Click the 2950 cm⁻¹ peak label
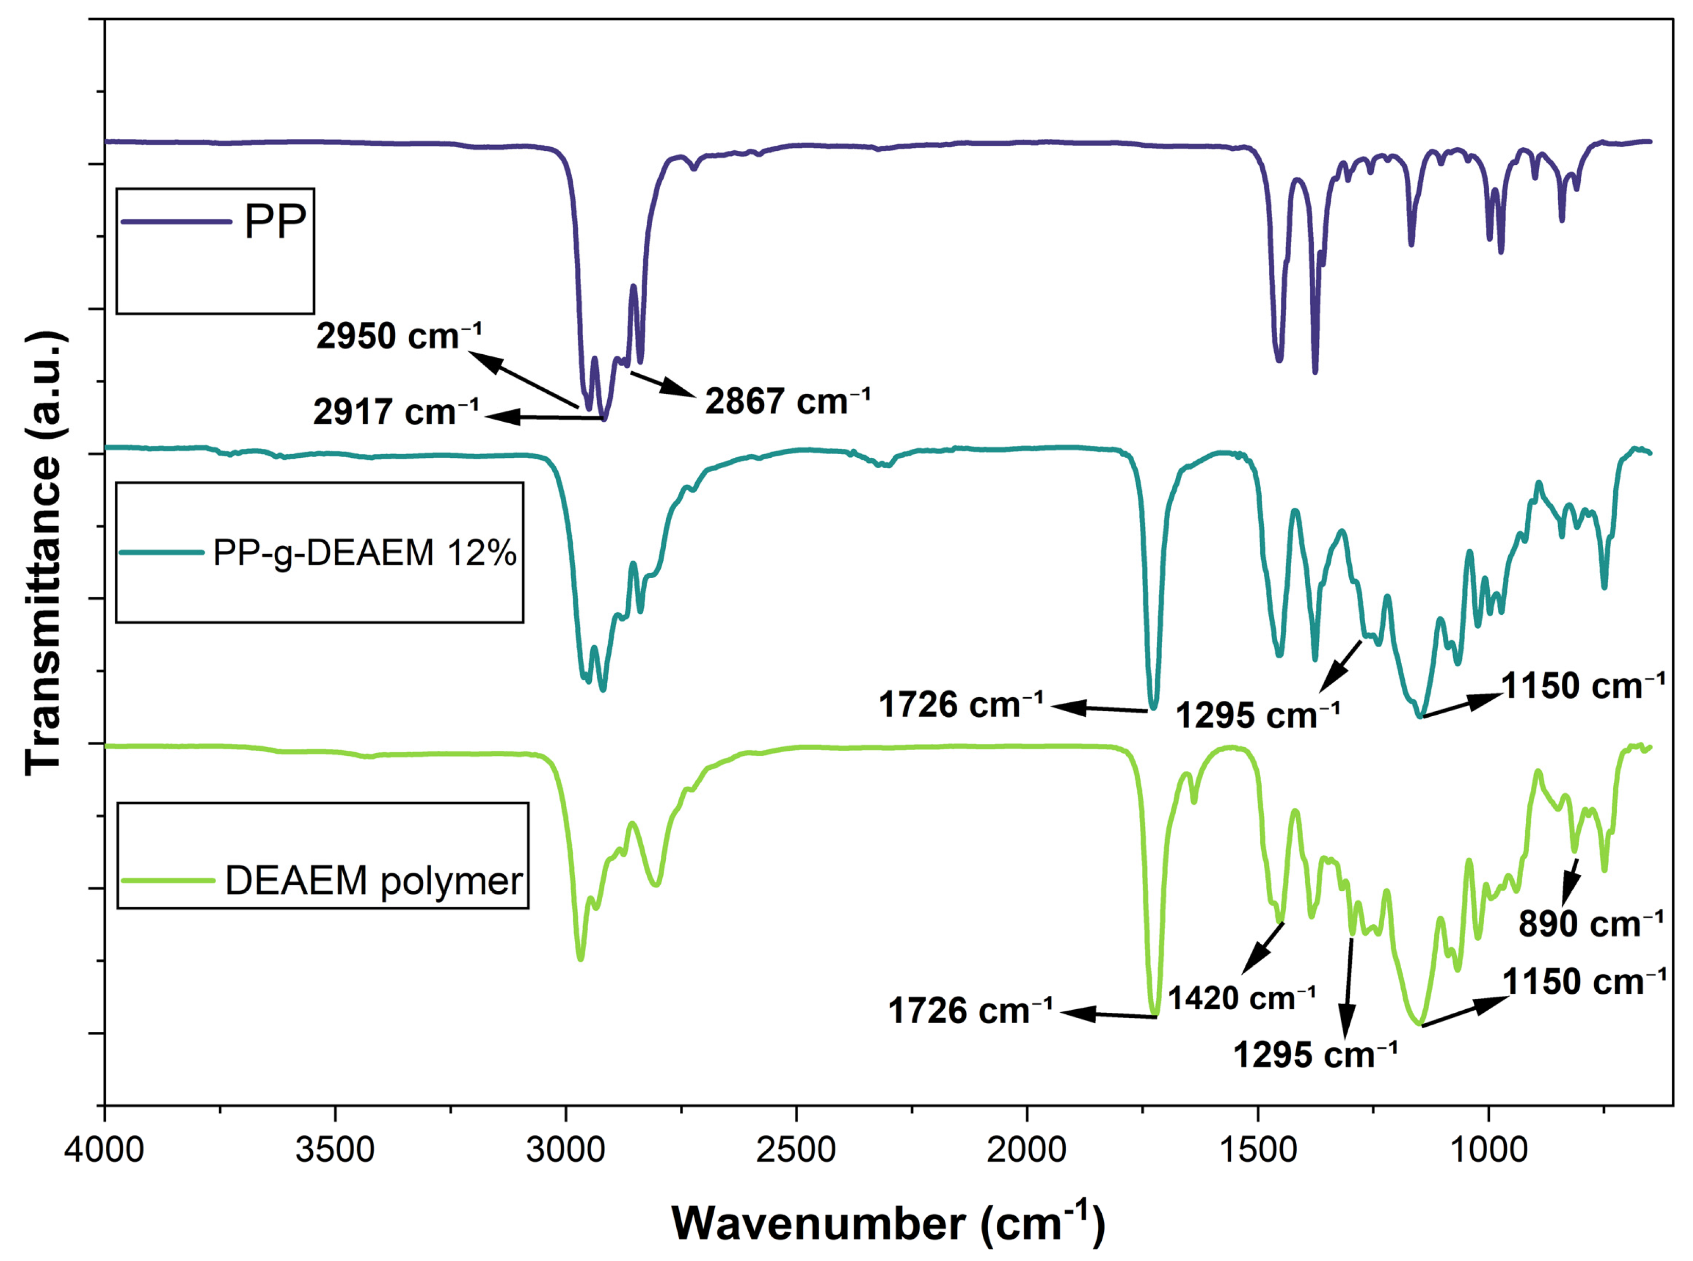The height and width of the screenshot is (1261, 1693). tap(399, 337)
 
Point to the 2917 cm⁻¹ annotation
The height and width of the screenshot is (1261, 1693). tap(396, 412)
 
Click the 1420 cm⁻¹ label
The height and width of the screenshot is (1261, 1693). tap(1241, 998)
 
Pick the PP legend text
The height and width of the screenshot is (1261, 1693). tap(275, 222)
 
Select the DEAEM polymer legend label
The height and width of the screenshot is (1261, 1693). tap(374, 881)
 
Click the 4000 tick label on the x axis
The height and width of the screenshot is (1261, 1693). tap(104, 1150)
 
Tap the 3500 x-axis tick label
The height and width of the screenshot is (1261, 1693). tap(335, 1150)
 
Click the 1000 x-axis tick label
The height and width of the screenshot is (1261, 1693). tap(1488, 1150)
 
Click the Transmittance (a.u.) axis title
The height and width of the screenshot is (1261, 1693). tap(44, 554)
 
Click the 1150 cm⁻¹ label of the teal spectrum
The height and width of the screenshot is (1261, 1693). tap(1583, 685)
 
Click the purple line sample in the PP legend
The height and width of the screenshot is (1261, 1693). tap(176, 222)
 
